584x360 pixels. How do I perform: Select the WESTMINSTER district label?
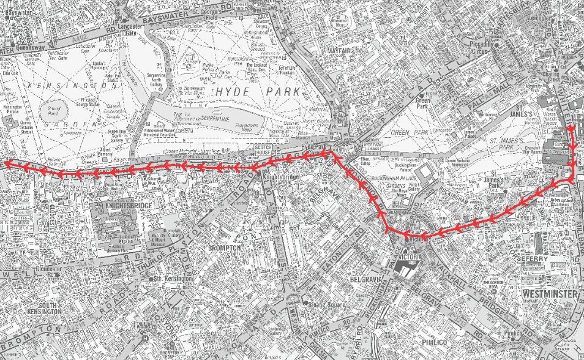point(550,294)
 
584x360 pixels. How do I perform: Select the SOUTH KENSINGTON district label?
point(42,308)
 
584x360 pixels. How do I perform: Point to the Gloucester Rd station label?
point(50,269)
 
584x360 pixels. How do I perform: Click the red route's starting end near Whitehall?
point(570,128)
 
